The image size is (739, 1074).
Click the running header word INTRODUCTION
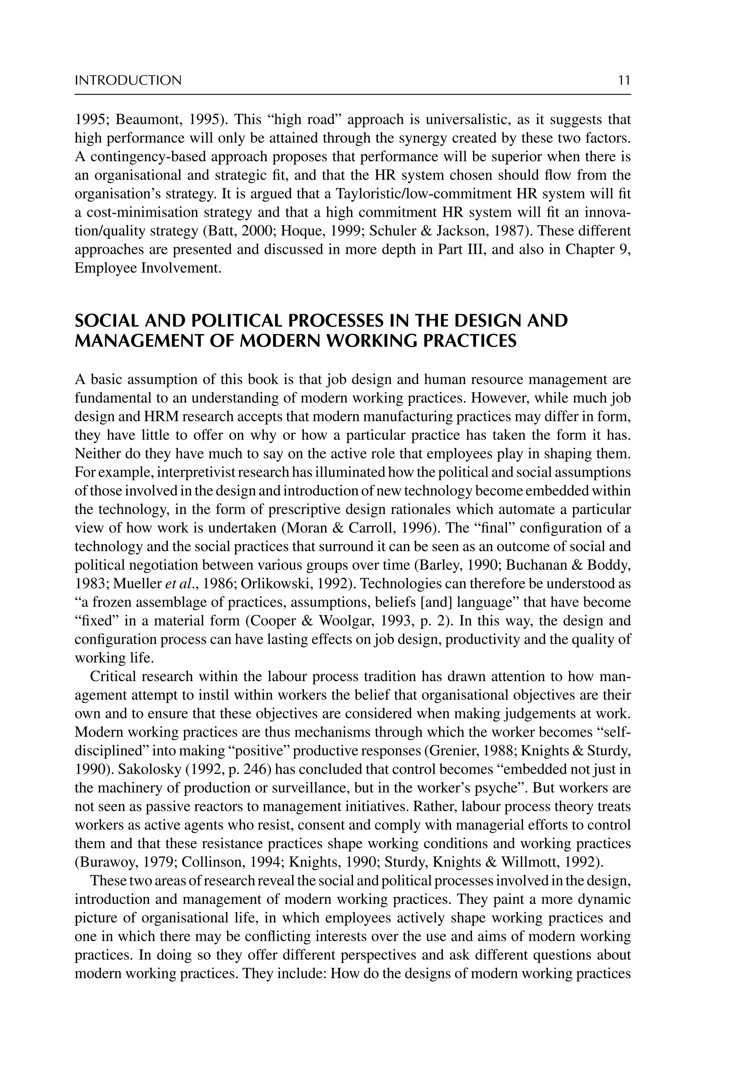(x=128, y=81)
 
